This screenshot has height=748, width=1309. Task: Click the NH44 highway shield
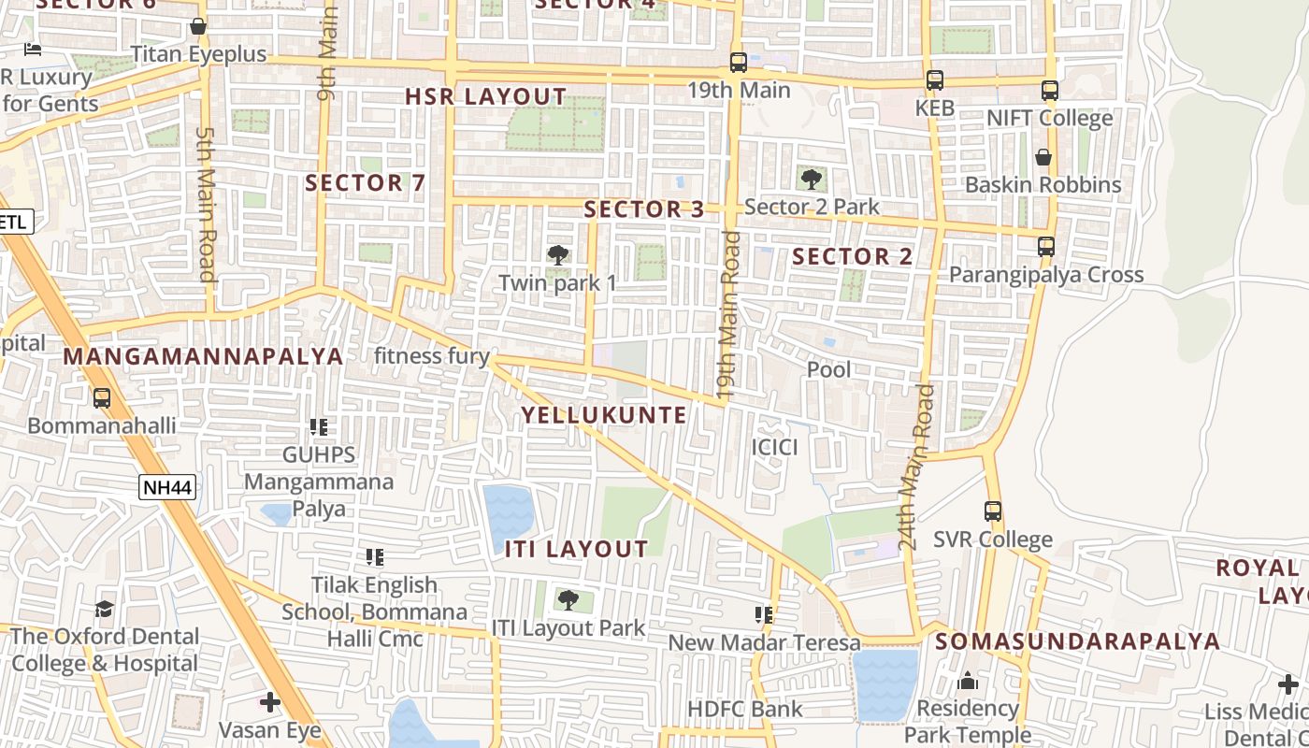click(x=167, y=487)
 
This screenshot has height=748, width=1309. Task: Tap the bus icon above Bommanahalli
click(x=102, y=397)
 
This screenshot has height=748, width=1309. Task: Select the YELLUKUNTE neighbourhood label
click(x=604, y=415)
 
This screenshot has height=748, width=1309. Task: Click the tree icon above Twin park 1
click(x=558, y=254)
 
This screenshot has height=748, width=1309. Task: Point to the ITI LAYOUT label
click(x=576, y=549)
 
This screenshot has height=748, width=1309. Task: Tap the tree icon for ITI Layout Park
click(x=568, y=599)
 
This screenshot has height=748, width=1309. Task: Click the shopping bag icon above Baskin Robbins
click(x=1043, y=157)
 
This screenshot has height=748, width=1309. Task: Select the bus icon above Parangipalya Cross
click(x=1046, y=247)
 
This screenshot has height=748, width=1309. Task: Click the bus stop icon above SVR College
click(x=993, y=511)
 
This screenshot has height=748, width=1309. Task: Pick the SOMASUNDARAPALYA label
click(x=1077, y=641)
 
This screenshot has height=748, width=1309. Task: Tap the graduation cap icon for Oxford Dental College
click(x=105, y=610)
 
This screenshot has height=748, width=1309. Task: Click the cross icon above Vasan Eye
click(x=270, y=701)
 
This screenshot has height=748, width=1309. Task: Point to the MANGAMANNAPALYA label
click(x=203, y=356)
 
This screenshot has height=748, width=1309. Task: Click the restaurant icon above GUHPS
click(x=319, y=427)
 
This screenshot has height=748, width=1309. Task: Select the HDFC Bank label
click(x=744, y=709)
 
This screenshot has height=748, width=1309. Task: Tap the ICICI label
click(x=775, y=447)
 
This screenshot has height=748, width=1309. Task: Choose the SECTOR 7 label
click(x=366, y=183)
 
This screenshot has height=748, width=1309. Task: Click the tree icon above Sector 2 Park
click(x=812, y=180)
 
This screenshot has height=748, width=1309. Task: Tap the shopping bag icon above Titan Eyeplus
click(x=198, y=26)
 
